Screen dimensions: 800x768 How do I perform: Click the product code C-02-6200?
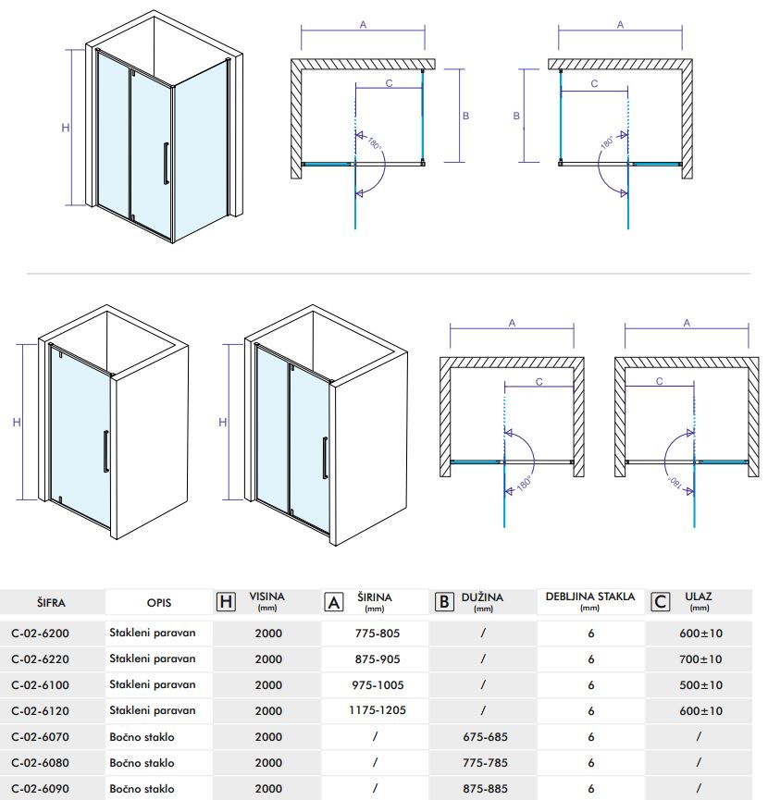(53, 634)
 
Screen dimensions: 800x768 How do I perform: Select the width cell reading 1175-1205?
(375, 711)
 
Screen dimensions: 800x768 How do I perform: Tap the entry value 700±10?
(699, 659)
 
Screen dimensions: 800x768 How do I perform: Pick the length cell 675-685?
(483, 737)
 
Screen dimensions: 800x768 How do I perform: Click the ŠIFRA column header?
(53, 602)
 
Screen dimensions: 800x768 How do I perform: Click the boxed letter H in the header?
(225, 602)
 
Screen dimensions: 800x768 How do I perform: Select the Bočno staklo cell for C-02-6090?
(142, 789)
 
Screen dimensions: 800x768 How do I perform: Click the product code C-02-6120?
(53, 711)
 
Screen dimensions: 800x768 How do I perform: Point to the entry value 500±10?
(699, 685)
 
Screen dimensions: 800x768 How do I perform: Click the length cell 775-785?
(483, 763)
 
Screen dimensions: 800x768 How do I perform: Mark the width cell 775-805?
(375, 634)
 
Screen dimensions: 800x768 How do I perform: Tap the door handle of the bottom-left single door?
(106, 453)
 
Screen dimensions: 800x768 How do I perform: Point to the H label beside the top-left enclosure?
(66, 128)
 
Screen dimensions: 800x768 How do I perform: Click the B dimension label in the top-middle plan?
(465, 116)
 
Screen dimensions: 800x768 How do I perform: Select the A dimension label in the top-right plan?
(620, 25)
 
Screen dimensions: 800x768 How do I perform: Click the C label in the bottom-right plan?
(659, 380)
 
